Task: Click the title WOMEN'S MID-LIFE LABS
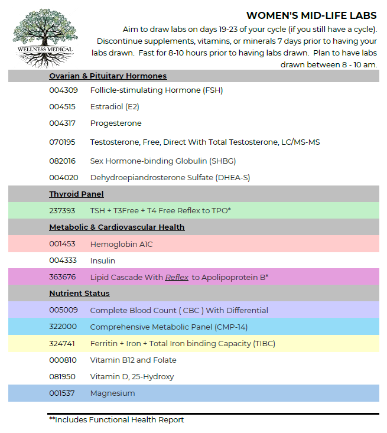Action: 311,15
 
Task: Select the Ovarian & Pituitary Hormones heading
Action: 108,76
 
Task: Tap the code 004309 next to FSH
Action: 62,90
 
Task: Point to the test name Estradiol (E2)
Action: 115,107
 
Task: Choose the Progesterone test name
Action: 116,123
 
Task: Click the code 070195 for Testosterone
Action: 62,142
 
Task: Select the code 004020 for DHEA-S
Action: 62,177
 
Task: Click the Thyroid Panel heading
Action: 76,194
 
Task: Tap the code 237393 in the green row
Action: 62,210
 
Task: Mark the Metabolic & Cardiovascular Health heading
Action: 117,227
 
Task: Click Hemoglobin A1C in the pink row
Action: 121,244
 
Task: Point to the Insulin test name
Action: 103,261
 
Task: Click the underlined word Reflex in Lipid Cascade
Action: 177,277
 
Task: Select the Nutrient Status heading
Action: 79,294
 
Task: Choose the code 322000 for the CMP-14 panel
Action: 62,327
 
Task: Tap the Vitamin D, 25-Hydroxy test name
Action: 132,376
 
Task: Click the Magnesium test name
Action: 112,393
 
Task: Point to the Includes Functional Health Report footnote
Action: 116,420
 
